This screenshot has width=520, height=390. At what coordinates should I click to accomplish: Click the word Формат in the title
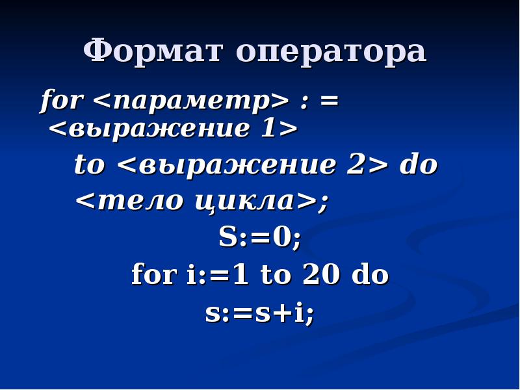[154, 51]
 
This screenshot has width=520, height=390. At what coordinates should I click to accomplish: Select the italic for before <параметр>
[62, 101]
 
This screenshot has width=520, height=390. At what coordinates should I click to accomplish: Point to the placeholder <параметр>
[190, 101]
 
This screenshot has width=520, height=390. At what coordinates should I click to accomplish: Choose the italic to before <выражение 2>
[89, 165]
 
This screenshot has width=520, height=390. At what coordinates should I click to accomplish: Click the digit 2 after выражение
[355, 165]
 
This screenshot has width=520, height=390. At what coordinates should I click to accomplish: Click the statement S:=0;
[260, 239]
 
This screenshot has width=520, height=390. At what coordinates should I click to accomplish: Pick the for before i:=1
[154, 275]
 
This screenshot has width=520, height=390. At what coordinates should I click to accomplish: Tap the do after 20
[370, 275]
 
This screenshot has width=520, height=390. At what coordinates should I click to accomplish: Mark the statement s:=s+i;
[259, 313]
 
